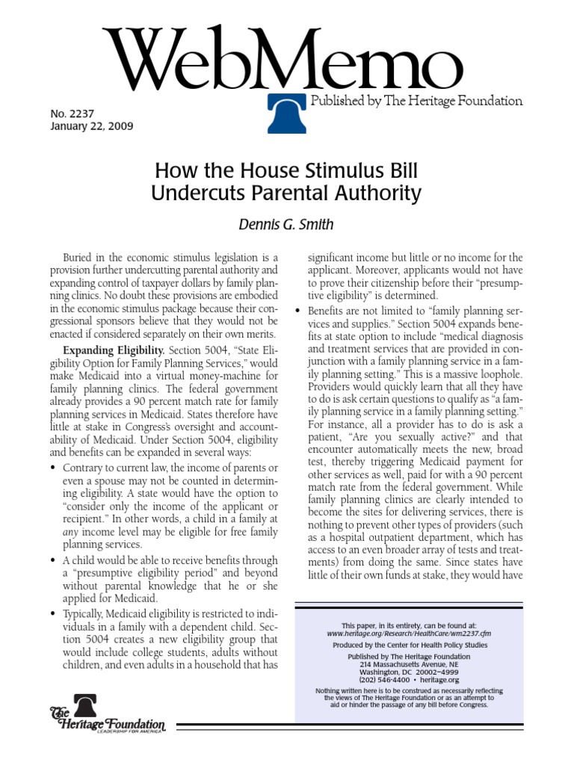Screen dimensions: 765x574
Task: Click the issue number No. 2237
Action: click(x=68, y=114)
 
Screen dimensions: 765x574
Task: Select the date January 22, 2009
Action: click(x=91, y=126)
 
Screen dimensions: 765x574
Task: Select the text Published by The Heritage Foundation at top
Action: click(x=416, y=101)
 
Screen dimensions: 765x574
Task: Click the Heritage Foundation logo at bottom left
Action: click(x=106, y=720)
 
